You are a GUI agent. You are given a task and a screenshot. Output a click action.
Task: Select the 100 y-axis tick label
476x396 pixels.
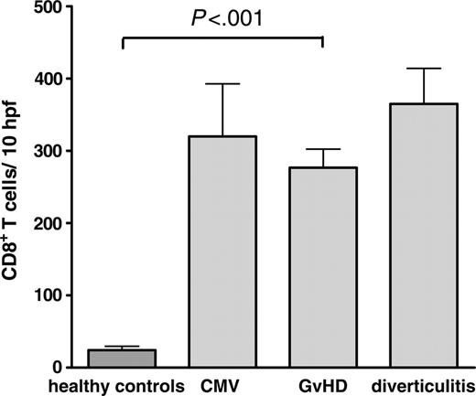(51, 295)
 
